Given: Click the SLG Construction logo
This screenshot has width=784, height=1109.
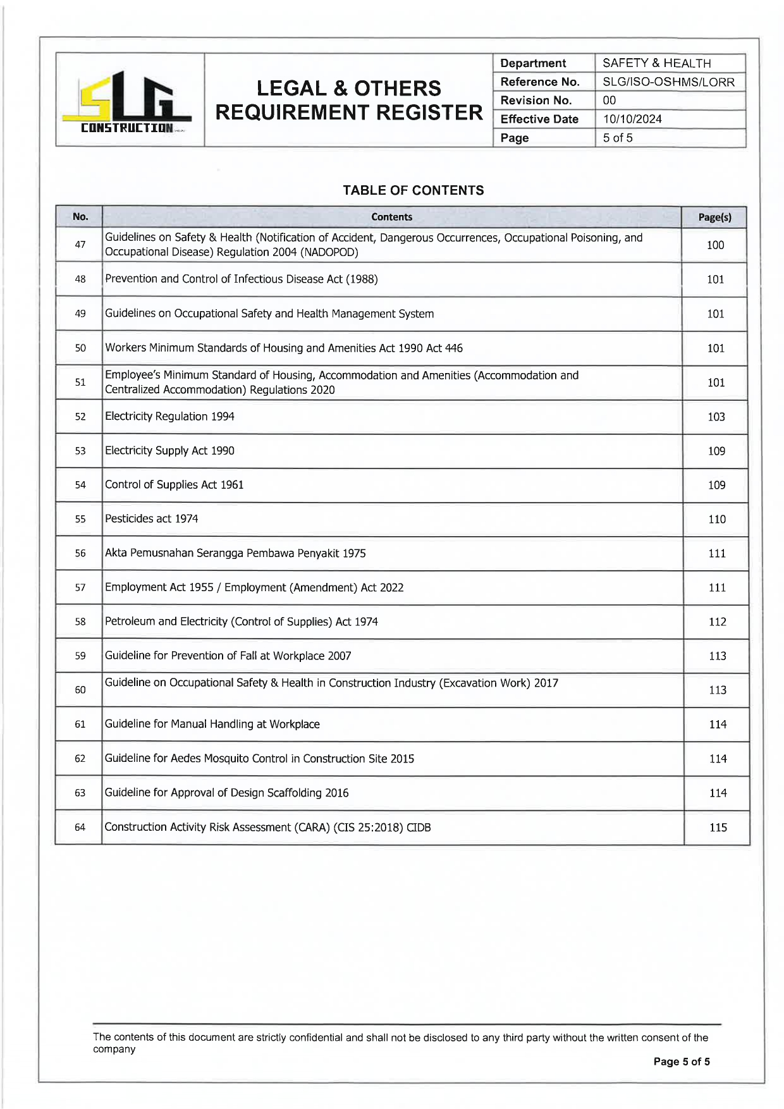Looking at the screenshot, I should pos(130,101).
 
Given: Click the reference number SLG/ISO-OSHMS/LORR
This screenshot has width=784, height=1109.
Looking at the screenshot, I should pos(668,82).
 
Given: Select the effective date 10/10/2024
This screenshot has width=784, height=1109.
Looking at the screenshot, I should pos(632,119).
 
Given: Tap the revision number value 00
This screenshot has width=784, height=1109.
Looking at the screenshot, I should pos(609,101).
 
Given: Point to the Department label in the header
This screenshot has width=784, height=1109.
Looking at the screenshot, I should pos(533,63).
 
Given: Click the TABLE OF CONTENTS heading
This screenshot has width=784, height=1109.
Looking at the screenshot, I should pos(413,190).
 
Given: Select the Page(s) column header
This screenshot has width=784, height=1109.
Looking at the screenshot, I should pos(714,218).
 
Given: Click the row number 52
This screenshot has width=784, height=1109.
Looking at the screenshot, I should pos(80,417).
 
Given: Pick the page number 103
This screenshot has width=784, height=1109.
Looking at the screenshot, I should pos(716,417).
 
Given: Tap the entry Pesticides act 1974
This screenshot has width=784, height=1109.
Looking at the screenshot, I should pos(152,519).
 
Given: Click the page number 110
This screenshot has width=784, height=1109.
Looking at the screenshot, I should pos(716,519).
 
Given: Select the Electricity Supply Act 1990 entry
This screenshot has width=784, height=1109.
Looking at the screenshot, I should pos(169,451).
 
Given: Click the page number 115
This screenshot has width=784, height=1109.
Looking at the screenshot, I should pos(718,827).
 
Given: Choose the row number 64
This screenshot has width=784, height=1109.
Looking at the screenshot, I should pos(80,827).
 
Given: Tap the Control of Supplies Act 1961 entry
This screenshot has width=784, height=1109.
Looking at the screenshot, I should pos(175,485).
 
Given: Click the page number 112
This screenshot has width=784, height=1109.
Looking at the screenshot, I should pos(717,622).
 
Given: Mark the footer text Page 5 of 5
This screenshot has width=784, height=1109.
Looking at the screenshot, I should pos(681,1062).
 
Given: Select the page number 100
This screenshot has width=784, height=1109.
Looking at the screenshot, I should pos(715,245).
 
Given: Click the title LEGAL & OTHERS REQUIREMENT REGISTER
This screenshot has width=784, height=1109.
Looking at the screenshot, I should pos(349,101).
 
